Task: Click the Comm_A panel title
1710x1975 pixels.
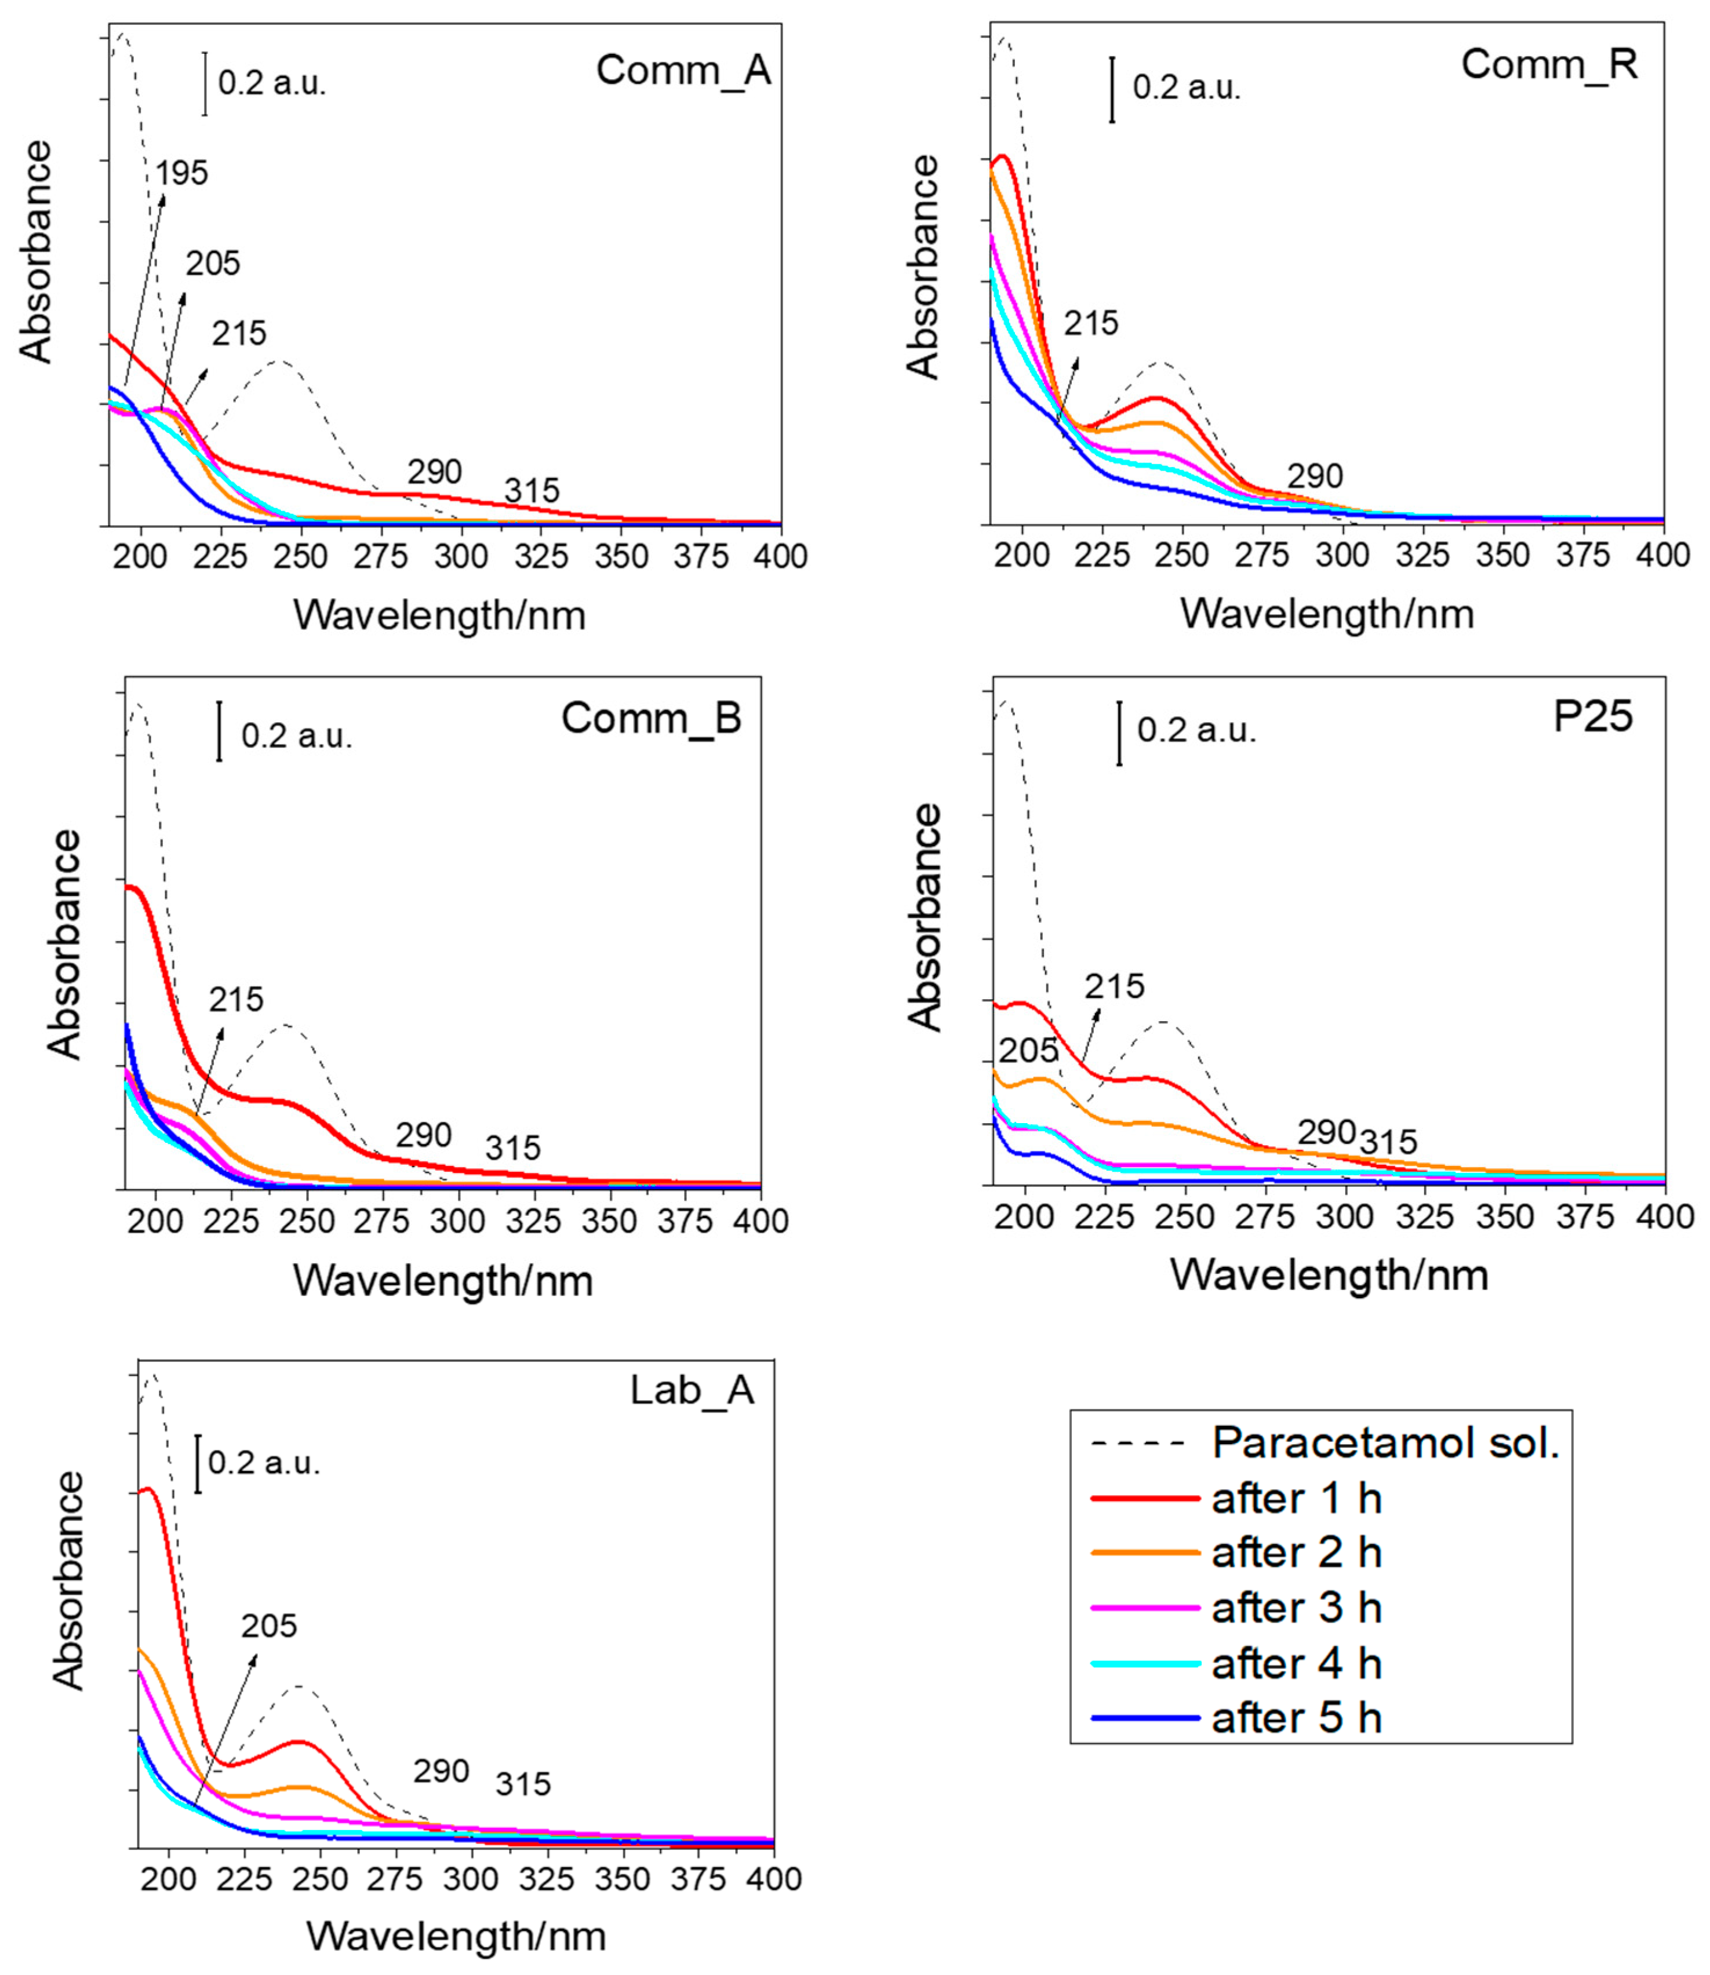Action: pos(683,71)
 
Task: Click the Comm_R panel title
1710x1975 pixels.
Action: pos(1549,65)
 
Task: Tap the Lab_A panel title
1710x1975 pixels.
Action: pos(692,1390)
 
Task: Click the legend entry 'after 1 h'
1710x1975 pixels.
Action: pos(1296,1499)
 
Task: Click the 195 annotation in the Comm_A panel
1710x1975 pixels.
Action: pos(181,174)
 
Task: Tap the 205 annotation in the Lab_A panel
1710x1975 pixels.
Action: pos(269,1626)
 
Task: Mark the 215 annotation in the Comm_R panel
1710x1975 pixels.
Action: pos(1091,323)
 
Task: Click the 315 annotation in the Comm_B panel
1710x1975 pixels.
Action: pos(514,1148)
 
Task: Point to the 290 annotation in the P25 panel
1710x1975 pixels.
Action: pos(1326,1132)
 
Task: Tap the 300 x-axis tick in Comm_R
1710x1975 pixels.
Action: pos(1342,555)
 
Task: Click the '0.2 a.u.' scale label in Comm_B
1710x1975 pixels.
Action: pos(297,737)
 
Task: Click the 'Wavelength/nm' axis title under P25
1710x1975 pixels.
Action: pos(1329,1275)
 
